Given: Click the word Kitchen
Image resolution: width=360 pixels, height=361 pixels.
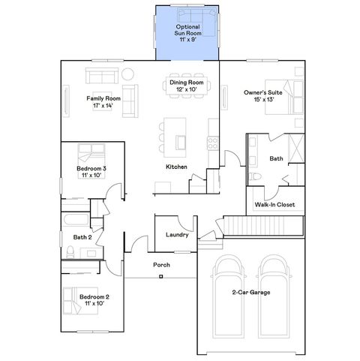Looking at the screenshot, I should [x=176, y=167].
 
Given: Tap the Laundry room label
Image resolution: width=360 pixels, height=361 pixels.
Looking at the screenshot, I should [x=177, y=235].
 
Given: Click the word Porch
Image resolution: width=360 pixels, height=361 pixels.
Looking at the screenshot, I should [x=161, y=266].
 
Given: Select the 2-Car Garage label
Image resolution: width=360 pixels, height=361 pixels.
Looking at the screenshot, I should [x=251, y=292].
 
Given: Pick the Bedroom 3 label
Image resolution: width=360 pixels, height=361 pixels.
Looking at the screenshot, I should [x=91, y=172].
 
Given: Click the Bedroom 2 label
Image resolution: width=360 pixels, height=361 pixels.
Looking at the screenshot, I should [x=94, y=300].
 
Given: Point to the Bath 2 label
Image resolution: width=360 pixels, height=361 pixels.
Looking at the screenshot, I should [x=82, y=237].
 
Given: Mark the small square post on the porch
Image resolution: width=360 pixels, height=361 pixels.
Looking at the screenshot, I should [x=161, y=277].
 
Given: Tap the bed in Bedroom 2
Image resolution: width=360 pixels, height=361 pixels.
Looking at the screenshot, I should [x=76, y=299].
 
